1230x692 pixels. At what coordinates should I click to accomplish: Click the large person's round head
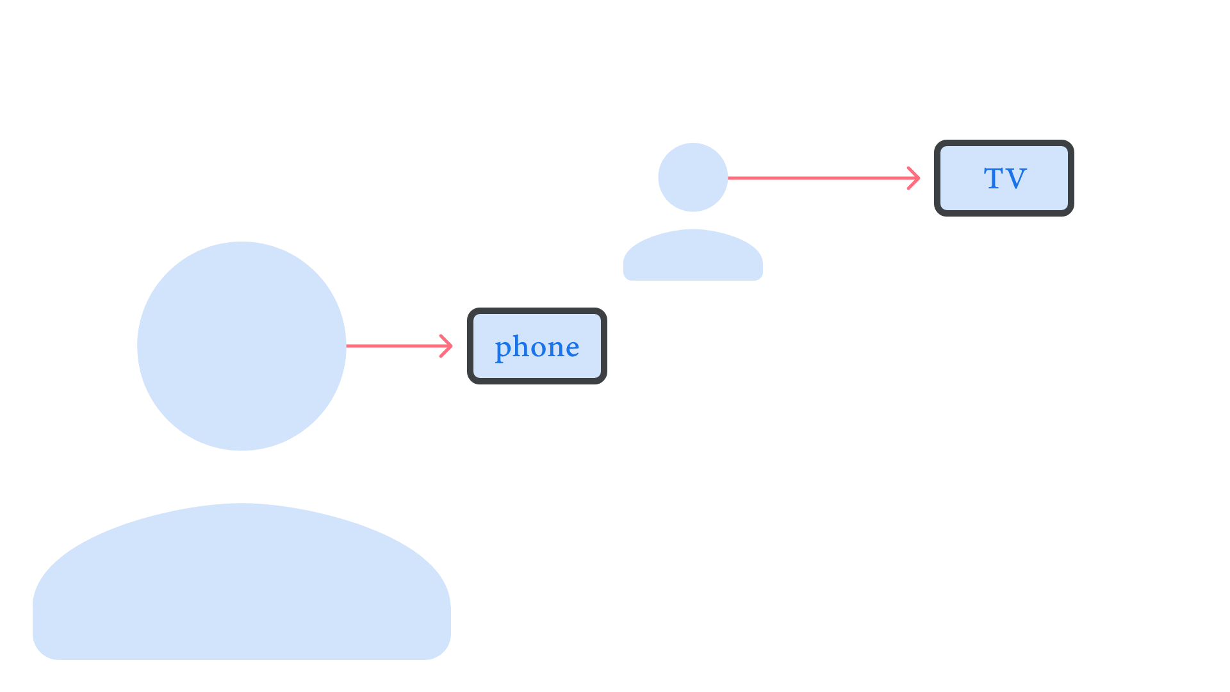242,346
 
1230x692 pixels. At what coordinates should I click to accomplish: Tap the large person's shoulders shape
242,583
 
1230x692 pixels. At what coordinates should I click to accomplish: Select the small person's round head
693,177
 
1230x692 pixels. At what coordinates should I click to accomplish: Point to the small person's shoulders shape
693,256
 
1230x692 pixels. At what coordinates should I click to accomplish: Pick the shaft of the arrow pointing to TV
820,178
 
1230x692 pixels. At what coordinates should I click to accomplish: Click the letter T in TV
994,178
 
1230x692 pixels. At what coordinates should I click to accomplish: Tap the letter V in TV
1016,179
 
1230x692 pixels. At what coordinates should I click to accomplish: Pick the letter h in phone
520,346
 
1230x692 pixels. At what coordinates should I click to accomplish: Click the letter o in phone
537,349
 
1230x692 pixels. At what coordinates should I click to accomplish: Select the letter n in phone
554,349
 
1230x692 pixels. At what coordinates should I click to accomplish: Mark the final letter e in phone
572,349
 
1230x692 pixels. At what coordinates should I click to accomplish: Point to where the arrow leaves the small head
728,178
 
